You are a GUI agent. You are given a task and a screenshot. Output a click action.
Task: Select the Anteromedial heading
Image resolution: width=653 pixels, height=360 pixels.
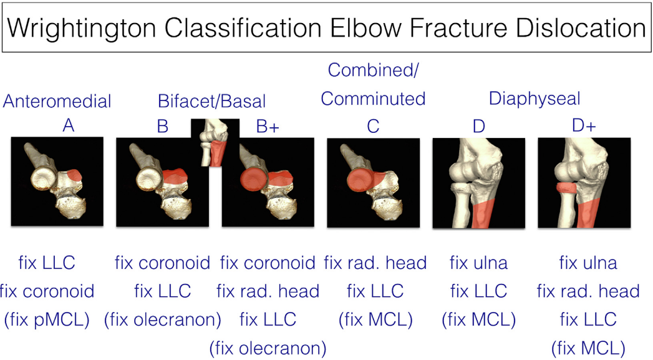tap(57, 101)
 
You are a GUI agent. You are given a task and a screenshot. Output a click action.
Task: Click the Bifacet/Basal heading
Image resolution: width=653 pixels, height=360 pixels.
tap(212, 100)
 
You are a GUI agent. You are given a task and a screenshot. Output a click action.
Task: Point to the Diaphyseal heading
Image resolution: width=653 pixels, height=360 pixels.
tap(534, 99)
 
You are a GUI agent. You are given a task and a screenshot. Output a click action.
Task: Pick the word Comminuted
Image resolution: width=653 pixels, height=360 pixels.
tap(373, 99)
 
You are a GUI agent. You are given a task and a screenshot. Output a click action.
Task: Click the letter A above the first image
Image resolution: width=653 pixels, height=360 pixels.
tap(69, 126)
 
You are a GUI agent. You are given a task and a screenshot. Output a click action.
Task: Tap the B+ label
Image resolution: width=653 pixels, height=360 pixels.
tap(268, 126)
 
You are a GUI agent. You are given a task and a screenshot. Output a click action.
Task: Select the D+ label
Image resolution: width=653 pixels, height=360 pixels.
tap(584, 126)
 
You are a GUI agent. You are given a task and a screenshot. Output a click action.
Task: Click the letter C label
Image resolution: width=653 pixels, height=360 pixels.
tap(373, 126)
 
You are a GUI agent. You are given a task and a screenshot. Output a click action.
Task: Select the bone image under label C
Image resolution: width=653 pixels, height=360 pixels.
tap(373, 182)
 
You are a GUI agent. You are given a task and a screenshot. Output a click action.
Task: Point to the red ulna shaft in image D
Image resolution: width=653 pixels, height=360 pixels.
tap(483, 213)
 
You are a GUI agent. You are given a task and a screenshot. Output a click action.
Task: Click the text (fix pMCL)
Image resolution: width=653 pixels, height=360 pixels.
tap(47, 319)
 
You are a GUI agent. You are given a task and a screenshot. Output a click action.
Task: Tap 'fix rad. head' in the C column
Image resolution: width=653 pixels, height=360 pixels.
tap(375, 263)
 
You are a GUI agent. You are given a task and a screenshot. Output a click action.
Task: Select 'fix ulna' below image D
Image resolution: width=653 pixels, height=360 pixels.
tap(478, 263)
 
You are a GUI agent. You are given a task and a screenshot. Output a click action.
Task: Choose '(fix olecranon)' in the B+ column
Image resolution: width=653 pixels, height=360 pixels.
tap(268, 347)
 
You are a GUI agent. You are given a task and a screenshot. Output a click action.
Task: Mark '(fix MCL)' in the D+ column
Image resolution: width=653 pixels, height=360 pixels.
tap(588, 347)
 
